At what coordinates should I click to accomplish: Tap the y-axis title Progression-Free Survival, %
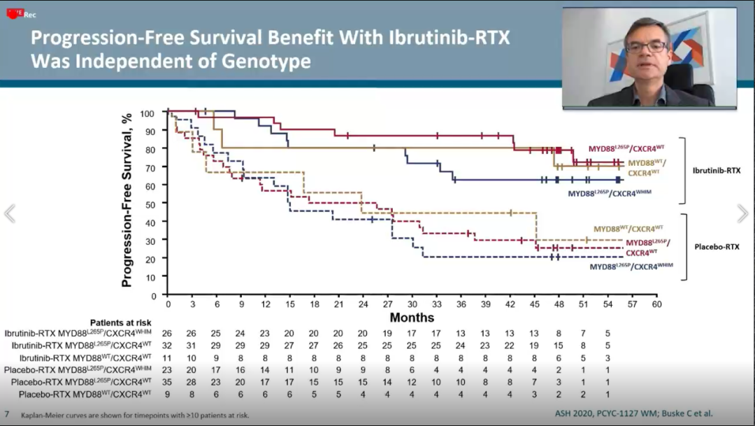(x=127, y=201)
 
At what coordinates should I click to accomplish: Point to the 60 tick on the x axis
(x=656, y=305)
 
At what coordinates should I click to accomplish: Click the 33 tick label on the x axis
(x=436, y=305)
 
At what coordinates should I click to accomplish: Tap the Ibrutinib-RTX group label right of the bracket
(x=717, y=170)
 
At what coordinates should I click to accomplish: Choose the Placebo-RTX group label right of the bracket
(x=716, y=247)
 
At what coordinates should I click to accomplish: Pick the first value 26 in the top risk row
(x=168, y=333)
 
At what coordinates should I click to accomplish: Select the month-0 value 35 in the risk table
(x=168, y=383)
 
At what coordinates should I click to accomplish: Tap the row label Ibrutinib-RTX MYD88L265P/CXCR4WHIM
(x=79, y=333)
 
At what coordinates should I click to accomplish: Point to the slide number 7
(x=7, y=414)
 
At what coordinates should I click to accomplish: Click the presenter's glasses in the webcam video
(x=647, y=46)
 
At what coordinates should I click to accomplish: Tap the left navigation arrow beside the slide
(x=10, y=214)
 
